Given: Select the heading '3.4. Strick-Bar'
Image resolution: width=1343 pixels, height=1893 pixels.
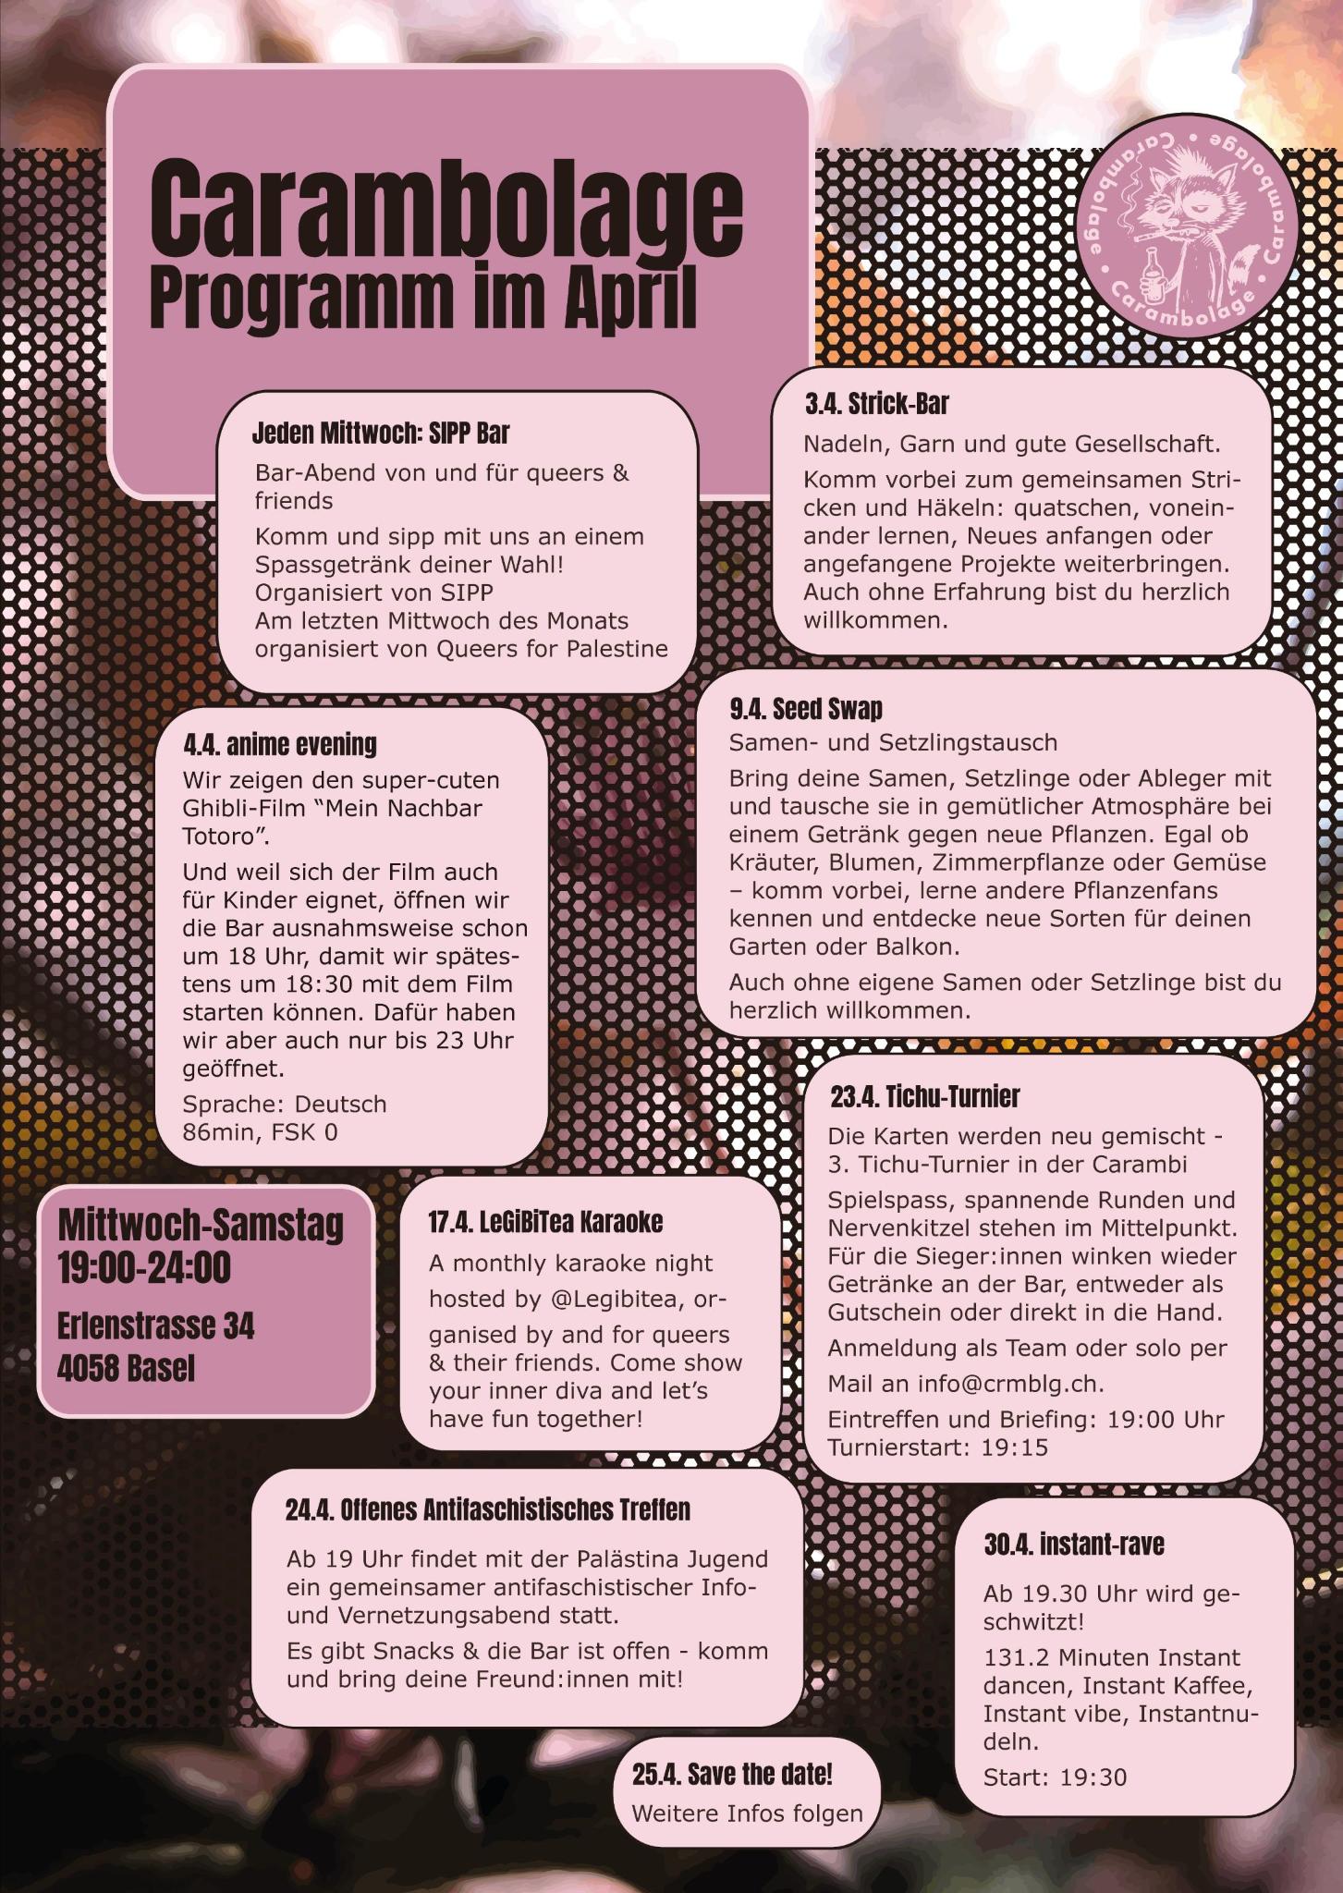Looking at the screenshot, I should (x=876, y=404).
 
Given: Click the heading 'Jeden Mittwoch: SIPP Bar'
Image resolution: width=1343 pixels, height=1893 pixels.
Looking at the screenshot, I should (x=381, y=433).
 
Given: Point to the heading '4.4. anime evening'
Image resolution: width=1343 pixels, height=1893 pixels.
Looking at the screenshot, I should (x=279, y=744).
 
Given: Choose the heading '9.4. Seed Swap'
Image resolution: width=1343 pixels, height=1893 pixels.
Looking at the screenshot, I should (x=806, y=709).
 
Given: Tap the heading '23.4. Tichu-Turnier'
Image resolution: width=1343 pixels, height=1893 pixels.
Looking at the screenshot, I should (x=924, y=1097).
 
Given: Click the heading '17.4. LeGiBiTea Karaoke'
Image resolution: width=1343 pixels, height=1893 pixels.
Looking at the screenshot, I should (x=545, y=1222).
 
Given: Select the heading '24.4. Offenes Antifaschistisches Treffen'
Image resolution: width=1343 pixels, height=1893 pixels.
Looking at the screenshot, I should (x=487, y=1510).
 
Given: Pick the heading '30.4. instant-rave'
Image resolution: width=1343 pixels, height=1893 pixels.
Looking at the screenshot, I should (x=1073, y=1545).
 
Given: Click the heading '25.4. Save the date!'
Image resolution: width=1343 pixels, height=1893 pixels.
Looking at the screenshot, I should (x=732, y=1775).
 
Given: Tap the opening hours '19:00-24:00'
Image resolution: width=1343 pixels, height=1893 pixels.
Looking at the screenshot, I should (x=144, y=1268).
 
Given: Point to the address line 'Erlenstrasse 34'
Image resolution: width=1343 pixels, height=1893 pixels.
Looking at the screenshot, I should (x=155, y=1326).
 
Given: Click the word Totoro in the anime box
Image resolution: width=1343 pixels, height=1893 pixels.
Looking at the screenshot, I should (x=218, y=837).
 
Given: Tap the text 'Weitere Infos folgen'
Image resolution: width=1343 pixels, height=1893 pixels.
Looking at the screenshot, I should (x=747, y=1814).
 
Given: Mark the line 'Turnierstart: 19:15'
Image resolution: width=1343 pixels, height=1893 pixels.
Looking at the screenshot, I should (x=937, y=1447).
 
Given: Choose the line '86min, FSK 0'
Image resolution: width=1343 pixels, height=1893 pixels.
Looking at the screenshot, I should (x=260, y=1131).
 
